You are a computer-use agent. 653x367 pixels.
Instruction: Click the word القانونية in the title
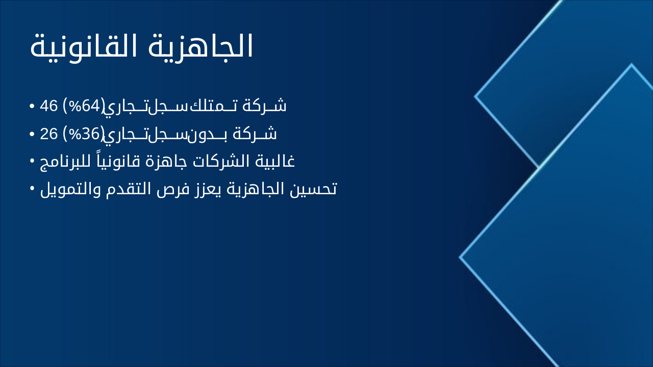coord(85,47)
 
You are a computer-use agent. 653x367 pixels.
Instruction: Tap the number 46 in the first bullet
coord(48,106)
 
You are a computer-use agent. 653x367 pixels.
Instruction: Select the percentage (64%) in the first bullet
coord(83,106)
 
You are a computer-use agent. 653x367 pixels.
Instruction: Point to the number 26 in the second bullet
coord(48,134)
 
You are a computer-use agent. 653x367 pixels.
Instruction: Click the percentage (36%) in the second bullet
coord(83,134)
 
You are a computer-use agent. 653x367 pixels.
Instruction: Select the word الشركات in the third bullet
coord(223,162)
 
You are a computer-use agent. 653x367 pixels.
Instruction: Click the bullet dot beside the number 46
coord(32,107)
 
